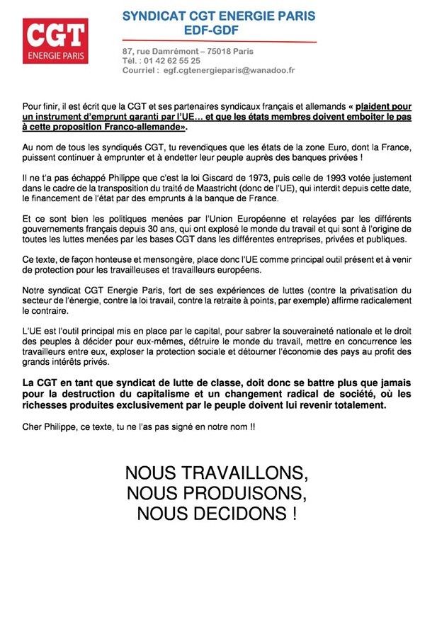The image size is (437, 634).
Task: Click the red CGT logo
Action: pos(56,40)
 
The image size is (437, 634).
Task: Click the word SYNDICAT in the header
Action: pos(154,16)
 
